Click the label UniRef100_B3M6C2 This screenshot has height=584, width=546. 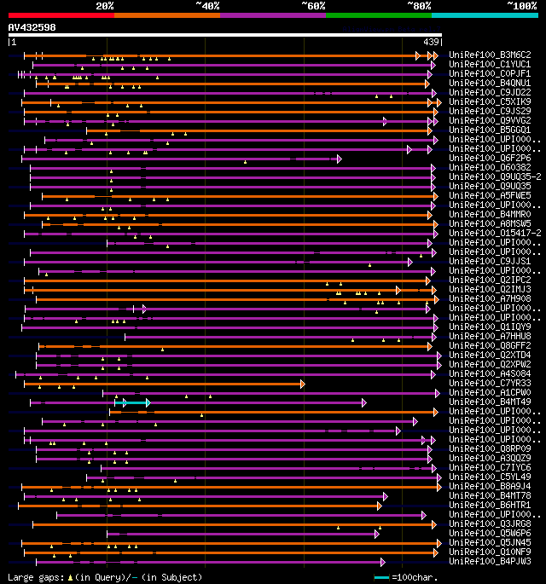click(x=490, y=55)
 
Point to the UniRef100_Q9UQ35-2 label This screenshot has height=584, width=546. click(x=492, y=176)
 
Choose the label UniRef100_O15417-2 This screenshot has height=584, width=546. click(x=492, y=233)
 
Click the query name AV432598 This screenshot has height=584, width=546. click(x=32, y=27)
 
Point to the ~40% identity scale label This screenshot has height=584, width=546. click(x=207, y=5)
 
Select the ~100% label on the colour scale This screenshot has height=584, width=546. click(x=521, y=5)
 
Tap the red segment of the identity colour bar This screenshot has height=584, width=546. click(x=61, y=14)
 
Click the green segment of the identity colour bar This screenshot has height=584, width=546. click(x=378, y=14)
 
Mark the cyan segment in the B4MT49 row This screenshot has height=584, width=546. click(x=136, y=402)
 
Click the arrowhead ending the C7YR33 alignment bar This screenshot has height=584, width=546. click(x=302, y=384)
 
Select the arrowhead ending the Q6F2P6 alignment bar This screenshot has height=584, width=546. click(x=339, y=159)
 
